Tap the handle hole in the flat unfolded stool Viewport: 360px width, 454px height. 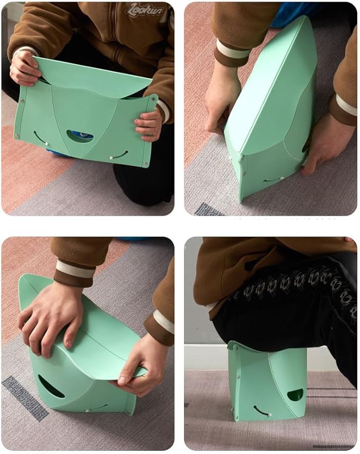80,136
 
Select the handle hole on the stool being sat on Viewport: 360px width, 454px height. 295,395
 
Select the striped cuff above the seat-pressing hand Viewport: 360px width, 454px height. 74,270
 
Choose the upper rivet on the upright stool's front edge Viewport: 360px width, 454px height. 246,155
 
